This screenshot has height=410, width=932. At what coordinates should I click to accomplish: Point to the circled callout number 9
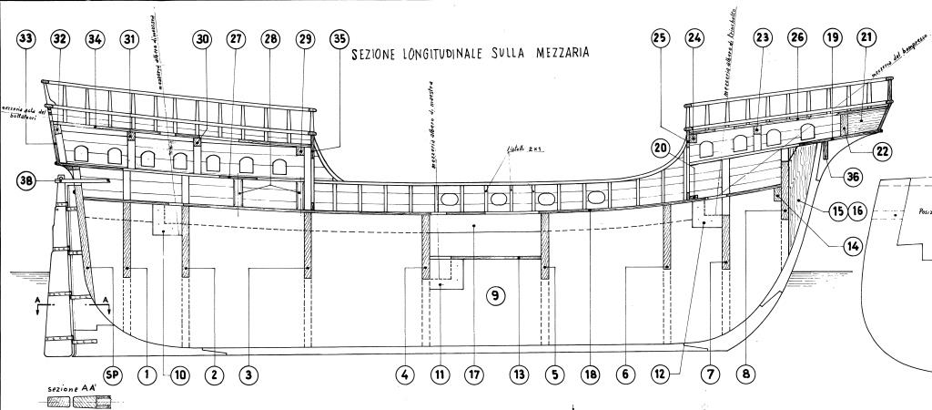point(494,295)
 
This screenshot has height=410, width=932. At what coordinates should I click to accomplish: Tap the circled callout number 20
point(660,148)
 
